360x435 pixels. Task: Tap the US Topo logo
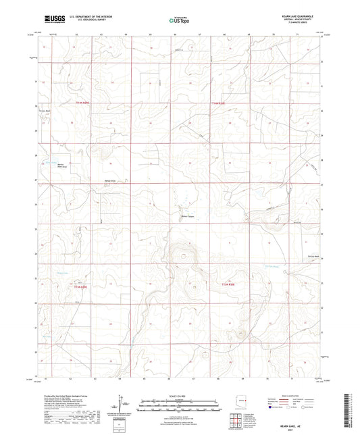coord(179,21)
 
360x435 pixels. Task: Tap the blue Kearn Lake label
coord(51,163)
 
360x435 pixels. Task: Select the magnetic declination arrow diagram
coord(121,405)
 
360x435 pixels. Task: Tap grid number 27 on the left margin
coord(36,181)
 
